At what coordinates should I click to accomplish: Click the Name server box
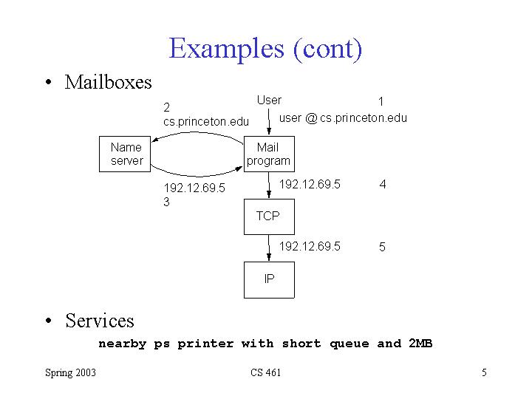point(125,154)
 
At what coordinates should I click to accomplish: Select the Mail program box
point(269,154)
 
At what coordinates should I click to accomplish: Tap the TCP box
point(269,216)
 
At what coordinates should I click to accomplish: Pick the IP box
point(269,280)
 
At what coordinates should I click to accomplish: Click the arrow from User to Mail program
point(269,121)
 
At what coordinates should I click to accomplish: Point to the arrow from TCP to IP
point(269,248)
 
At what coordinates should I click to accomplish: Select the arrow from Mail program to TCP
point(269,185)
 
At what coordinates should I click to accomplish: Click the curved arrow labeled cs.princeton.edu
point(197,133)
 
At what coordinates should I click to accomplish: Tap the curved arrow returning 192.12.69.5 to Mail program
point(197,176)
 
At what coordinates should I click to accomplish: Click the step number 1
point(381,101)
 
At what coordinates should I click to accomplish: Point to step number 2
point(166,108)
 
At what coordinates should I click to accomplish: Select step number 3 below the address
point(166,202)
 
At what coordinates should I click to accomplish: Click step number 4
point(383,184)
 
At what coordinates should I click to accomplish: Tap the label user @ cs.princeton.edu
point(343,118)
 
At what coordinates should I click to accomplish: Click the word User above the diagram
point(269,100)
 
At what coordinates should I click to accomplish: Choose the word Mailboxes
point(108,83)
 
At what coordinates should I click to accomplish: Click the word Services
point(100,321)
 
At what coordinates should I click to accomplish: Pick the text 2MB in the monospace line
point(420,344)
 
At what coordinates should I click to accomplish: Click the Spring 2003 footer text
point(71,373)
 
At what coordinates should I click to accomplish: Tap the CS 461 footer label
point(266,372)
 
